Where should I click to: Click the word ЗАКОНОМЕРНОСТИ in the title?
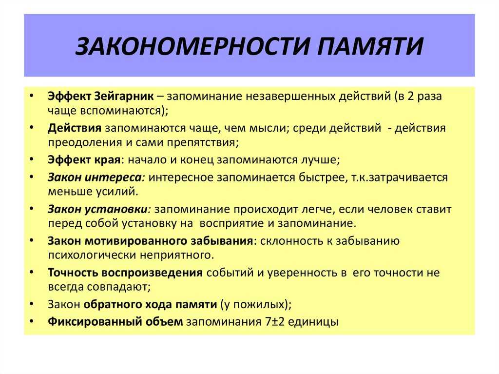192,46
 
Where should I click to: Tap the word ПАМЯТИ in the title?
370,46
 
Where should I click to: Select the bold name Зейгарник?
124,96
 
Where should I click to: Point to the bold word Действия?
75,128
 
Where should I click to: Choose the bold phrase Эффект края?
84,159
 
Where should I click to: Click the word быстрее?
321,177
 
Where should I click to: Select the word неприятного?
177,256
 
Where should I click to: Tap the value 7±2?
275,322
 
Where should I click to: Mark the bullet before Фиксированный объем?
31,321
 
